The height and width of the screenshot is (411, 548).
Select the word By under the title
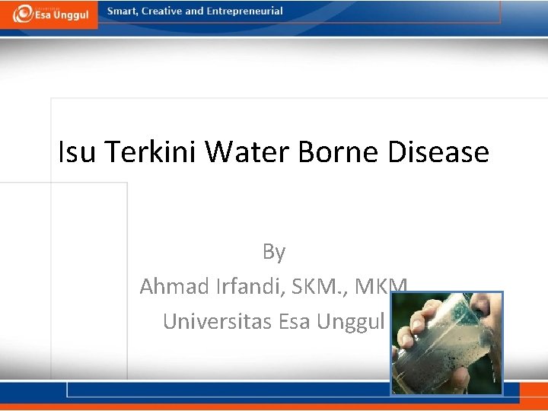274,251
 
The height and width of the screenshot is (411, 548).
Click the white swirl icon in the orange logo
21,13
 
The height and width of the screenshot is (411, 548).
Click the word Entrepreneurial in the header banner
244,11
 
